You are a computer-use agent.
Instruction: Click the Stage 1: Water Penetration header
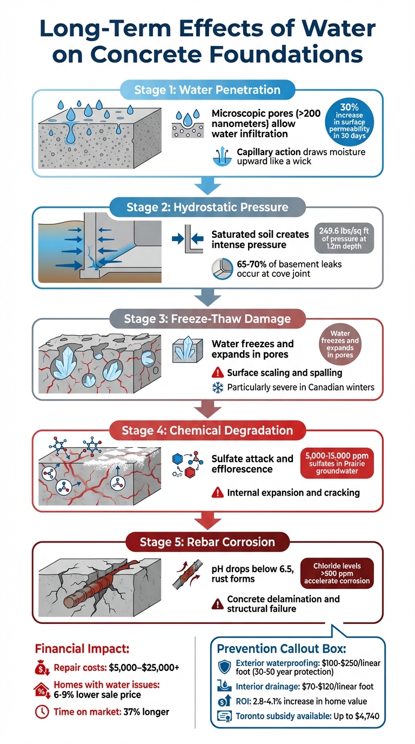[207, 90]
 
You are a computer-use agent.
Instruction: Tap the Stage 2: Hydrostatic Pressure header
[207, 207]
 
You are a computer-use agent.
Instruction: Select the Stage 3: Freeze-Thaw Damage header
[207, 319]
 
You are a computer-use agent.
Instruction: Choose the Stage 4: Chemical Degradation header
[207, 431]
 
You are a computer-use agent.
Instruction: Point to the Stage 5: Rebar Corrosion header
[207, 542]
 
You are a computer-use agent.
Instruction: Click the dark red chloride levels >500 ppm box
[338, 574]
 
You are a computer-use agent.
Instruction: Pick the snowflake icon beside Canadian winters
[217, 387]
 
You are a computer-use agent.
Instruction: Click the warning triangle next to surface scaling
[217, 373]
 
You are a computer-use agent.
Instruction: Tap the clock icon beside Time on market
[42, 712]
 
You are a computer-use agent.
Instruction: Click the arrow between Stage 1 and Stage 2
[207, 186]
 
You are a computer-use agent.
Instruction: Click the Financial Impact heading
[82, 648]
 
